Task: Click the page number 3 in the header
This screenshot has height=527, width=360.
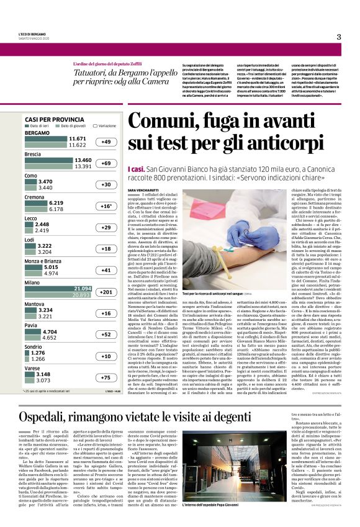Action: click(339, 37)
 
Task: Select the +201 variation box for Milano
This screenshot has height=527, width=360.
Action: click(107, 292)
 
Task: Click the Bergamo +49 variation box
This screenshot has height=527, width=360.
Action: click(107, 142)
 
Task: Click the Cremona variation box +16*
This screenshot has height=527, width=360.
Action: click(107, 206)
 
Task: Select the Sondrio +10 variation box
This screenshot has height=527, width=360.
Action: click(107, 356)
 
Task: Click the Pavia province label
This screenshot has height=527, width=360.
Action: click(31, 325)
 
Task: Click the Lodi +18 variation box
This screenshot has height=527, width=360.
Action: click(107, 248)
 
